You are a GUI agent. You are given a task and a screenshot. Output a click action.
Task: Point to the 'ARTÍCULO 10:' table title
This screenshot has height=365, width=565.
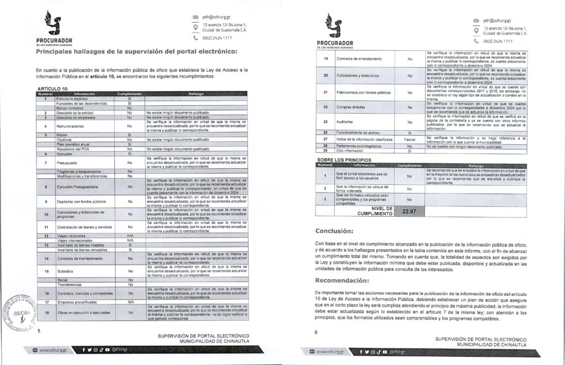tap(52, 88)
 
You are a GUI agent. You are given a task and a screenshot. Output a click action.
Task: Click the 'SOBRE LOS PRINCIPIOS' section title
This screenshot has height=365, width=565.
tap(343, 160)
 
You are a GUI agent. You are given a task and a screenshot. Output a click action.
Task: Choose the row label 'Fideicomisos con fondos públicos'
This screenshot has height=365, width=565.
tap(360, 92)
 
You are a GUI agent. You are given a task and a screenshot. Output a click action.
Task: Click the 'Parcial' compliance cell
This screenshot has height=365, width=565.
tap(409, 139)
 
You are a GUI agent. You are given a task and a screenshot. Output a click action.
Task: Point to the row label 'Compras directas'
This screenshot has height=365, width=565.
tap(351, 106)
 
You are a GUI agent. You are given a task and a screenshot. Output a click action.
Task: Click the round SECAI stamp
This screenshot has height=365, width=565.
tap(18, 312)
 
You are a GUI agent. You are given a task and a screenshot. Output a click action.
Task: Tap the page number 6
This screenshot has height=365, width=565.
tap(316, 332)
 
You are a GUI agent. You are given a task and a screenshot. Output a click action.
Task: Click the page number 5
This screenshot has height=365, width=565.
tap(38, 332)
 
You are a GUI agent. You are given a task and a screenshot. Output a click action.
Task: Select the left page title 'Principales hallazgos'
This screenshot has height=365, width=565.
tap(136, 52)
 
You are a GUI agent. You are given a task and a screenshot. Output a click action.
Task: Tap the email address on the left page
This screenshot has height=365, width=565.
tap(211, 18)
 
